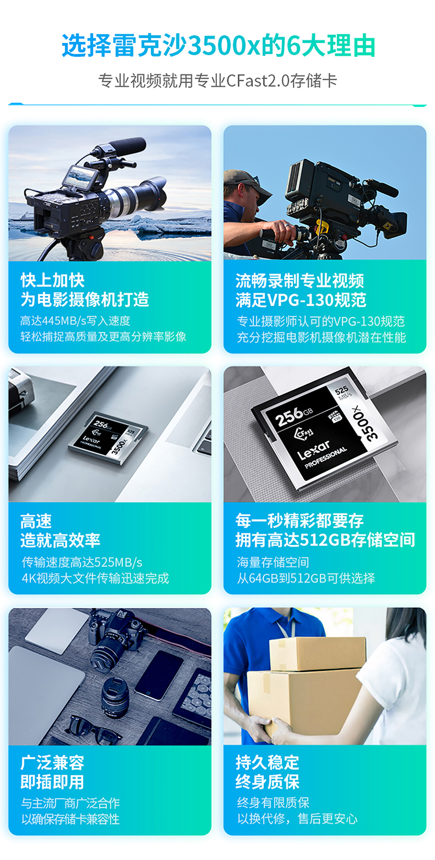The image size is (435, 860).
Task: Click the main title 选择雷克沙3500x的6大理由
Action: (218, 46)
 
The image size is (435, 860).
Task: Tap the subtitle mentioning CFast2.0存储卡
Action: (217, 81)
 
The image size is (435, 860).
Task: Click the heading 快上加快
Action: (53, 280)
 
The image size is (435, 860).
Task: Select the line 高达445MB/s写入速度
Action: (75, 321)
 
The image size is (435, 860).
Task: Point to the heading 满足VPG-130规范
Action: (301, 300)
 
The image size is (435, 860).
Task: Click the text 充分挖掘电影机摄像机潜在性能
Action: (321, 337)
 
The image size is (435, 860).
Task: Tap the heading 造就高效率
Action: (60, 540)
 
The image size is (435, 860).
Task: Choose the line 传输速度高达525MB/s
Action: (82, 562)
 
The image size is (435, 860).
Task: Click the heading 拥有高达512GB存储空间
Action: (325, 540)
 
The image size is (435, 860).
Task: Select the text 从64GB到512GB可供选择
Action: (306, 578)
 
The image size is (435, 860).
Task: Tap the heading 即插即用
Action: (52, 782)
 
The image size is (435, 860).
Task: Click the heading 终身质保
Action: (267, 781)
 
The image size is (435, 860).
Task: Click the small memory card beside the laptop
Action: (108, 438)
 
